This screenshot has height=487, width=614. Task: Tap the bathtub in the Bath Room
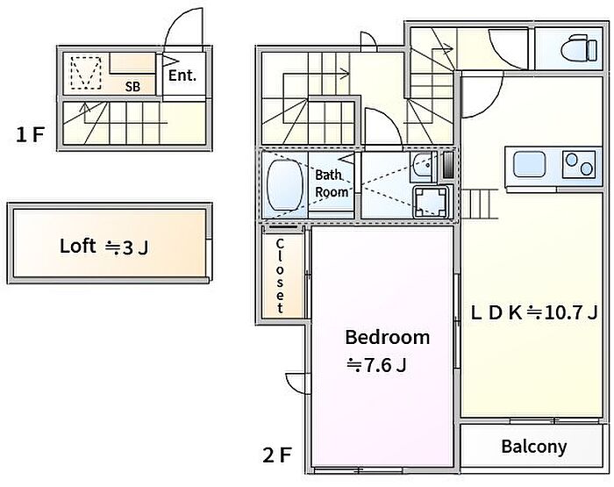285,185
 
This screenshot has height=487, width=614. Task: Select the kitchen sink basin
530,164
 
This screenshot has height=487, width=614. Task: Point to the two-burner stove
579,164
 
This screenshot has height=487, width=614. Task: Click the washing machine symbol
431,202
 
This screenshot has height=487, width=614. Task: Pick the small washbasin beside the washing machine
422,168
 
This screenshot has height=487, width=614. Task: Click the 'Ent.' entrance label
182,75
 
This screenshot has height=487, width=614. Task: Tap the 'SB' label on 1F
132,87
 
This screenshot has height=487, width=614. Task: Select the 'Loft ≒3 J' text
104,247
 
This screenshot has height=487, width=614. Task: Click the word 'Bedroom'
388,337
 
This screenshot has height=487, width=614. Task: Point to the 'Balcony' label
534,447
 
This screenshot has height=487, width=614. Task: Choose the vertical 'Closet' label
280,276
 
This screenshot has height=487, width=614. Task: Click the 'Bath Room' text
332,183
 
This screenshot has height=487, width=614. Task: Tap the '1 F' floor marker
30,135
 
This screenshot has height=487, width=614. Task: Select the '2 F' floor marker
277,455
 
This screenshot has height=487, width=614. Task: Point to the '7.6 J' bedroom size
385,366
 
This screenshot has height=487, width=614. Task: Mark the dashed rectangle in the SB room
86,73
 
